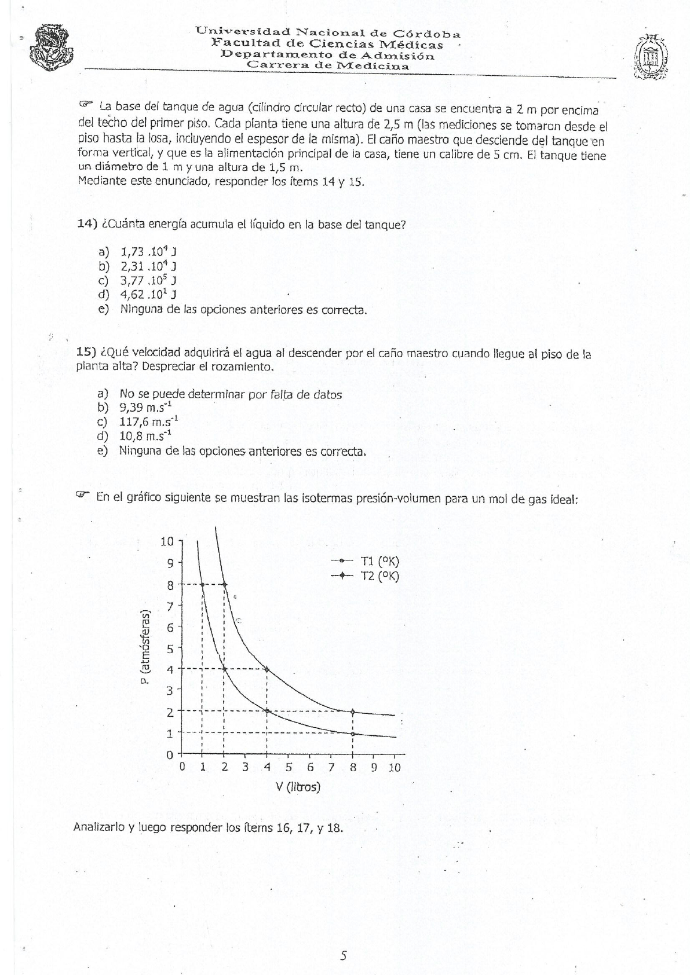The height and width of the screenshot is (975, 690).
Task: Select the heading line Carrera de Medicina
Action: point(328,66)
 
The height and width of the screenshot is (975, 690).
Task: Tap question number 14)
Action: point(86,225)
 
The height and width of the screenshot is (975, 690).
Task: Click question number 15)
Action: point(86,353)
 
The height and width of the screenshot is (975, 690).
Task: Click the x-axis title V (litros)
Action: point(298,787)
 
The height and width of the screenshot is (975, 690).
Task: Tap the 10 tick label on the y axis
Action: point(167,542)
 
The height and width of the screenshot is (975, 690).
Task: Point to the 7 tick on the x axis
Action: point(330,768)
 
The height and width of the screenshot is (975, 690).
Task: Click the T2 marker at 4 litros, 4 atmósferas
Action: point(266,669)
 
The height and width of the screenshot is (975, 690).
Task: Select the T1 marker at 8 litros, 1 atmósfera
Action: point(352,734)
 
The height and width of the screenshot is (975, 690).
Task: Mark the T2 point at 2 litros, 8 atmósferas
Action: point(224,584)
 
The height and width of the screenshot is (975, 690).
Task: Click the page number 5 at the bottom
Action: point(344,956)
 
